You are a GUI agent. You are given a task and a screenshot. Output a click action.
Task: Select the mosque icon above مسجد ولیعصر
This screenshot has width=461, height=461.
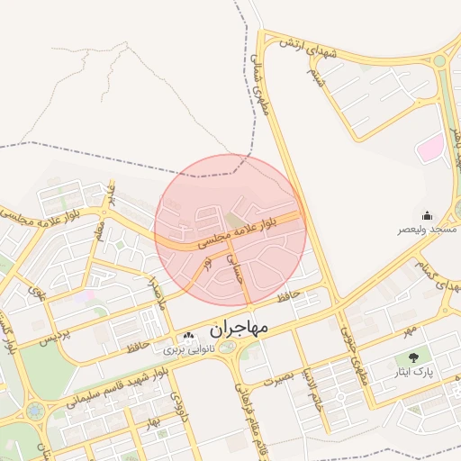click(426, 215)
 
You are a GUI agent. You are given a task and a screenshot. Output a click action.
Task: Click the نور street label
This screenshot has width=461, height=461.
click(208, 262)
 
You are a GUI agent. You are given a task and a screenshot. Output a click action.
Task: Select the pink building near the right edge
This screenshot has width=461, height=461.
click(431, 148)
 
